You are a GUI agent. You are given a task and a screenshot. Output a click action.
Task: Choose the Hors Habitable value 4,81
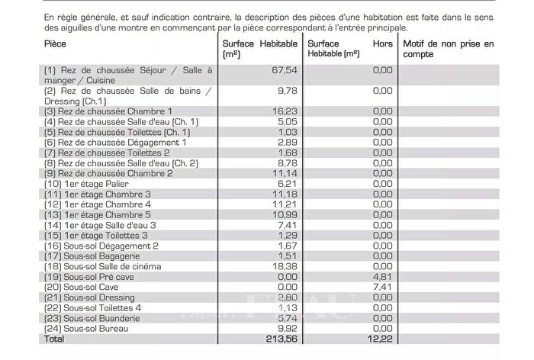click(x=382, y=277)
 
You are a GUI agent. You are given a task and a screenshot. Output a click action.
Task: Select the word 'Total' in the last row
click(x=56, y=339)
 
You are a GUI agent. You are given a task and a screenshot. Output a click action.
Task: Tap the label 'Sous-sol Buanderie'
click(x=92, y=318)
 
